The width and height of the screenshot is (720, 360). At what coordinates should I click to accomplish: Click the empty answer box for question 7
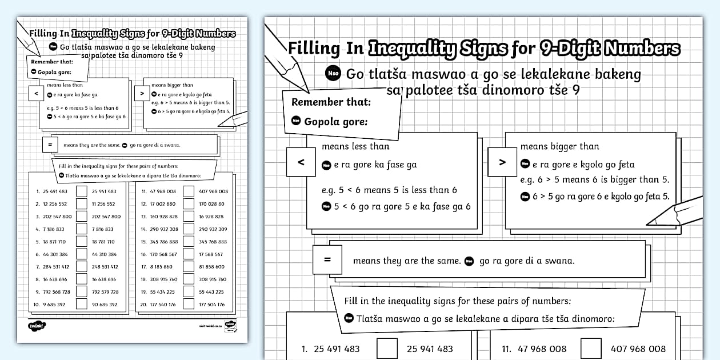[x=82, y=267]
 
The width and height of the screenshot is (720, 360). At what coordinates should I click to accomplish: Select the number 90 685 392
[x=104, y=305]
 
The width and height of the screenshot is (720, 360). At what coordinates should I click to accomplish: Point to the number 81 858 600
[x=213, y=267]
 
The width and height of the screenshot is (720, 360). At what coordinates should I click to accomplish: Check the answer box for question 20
[x=189, y=305]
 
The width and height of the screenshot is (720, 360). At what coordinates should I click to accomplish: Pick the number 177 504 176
[x=213, y=305]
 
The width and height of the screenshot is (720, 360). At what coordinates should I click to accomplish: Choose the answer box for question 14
[x=189, y=229]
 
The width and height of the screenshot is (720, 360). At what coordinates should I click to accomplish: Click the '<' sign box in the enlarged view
[x=301, y=162]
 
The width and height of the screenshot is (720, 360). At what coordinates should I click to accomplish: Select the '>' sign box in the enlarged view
[x=502, y=162]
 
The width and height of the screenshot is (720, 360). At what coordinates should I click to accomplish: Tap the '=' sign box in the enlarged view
[x=327, y=259]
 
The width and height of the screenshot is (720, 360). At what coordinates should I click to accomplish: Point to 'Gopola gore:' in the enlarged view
[x=335, y=122]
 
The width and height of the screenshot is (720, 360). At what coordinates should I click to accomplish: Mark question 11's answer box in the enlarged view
[x=591, y=349]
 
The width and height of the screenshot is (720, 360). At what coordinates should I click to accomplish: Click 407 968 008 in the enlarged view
[x=638, y=349]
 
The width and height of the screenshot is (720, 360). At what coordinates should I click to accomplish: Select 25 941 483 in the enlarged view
[x=430, y=349]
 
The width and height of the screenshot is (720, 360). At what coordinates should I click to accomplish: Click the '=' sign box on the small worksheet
[x=50, y=145]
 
